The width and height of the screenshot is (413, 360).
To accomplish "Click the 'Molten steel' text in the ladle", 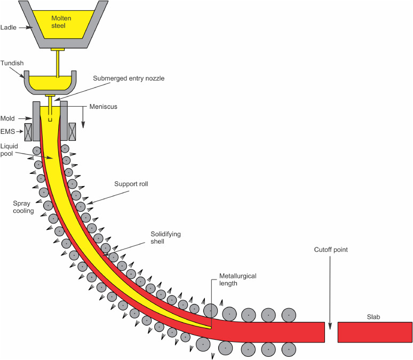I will (x=61, y=22).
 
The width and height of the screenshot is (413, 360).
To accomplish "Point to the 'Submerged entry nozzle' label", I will (x=129, y=78).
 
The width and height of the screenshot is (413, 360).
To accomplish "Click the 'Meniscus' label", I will (x=104, y=107).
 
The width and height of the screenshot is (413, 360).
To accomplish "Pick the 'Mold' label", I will (x=8, y=118).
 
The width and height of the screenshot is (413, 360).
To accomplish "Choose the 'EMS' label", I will (x=7, y=130).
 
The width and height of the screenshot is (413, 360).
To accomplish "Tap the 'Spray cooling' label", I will (x=24, y=207).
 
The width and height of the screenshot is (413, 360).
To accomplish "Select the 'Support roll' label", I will (x=131, y=184).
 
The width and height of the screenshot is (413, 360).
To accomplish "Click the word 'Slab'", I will (x=374, y=317).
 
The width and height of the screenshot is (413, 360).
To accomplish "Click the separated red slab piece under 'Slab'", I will (x=375, y=332).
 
